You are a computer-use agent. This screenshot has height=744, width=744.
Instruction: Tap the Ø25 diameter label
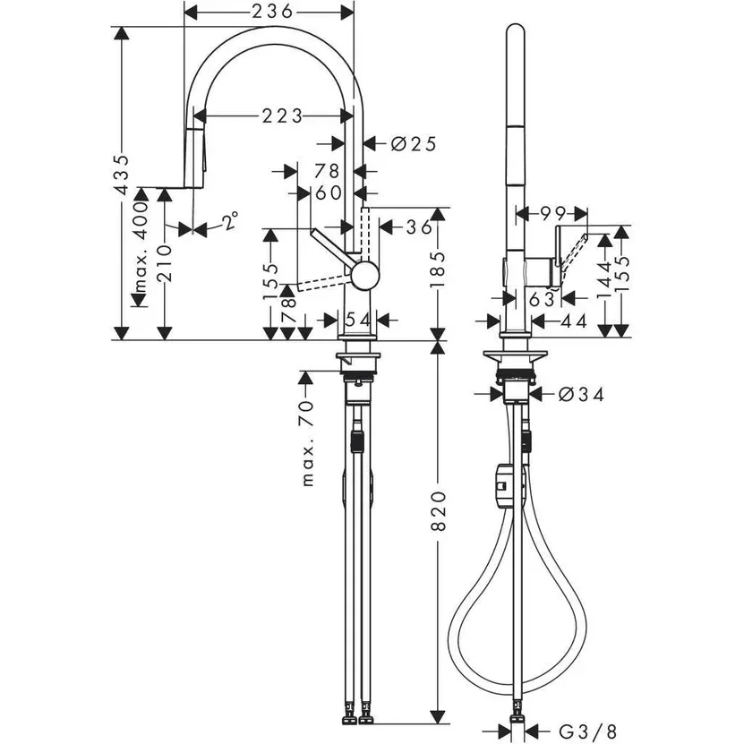point(413,142)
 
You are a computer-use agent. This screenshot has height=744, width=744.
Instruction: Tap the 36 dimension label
point(417,228)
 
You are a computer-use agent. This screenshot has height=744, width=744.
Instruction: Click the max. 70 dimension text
point(309,444)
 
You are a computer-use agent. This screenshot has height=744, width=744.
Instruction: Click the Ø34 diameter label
point(579,393)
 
